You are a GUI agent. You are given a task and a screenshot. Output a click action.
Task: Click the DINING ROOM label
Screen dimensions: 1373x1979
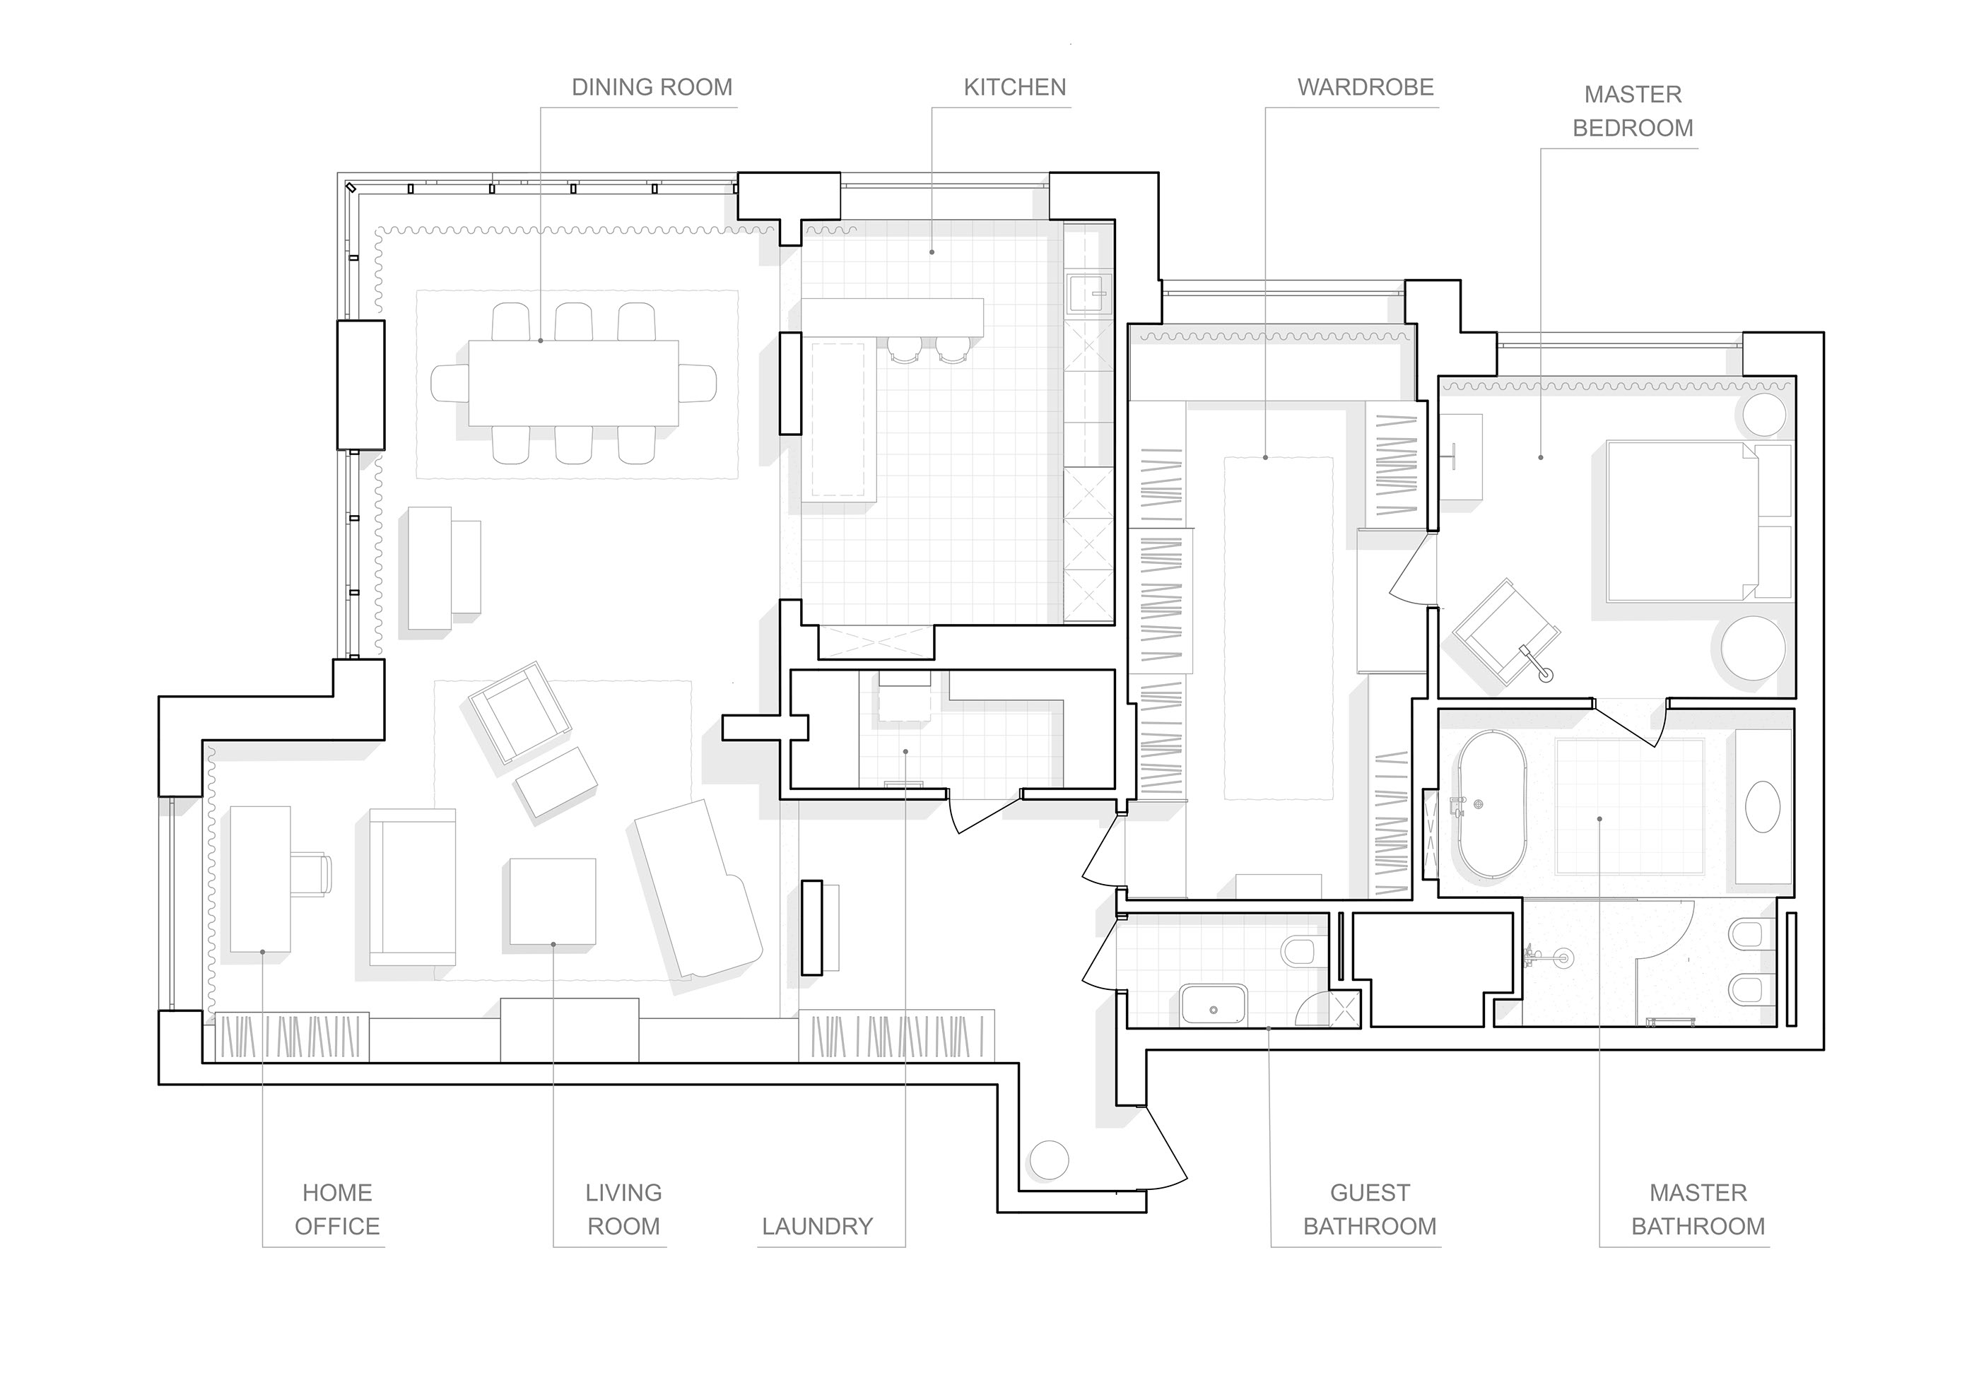pyautogui.click(x=652, y=87)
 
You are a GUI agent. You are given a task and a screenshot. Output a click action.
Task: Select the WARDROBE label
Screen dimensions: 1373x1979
pyautogui.click(x=1365, y=87)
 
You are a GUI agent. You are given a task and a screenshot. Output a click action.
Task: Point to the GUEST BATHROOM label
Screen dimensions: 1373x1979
pyautogui.click(x=1369, y=1208)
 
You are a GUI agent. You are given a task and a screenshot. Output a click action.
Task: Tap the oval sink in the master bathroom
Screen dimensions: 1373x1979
pyautogui.click(x=1763, y=806)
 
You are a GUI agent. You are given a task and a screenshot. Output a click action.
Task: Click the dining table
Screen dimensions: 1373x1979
pyautogui.click(x=573, y=383)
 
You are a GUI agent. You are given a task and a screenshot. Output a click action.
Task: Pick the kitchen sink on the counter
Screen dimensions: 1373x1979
pyautogui.click(x=1089, y=293)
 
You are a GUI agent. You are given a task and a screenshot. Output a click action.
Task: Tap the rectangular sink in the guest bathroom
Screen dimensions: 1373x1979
pyautogui.click(x=1214, y=1006)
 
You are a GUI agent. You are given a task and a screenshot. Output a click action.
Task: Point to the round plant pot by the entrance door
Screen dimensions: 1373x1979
pyautogui.click(x=1048, y=1160)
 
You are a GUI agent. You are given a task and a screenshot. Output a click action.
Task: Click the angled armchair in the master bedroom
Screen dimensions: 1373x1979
pyautogui.click(x=1505, y=630)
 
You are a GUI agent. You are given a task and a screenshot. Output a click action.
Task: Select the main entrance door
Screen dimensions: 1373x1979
pyautogui.click(x=1163, y=1151)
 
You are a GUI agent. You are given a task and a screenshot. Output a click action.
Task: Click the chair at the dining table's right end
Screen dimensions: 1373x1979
pyautogui.click(x=698, y=383)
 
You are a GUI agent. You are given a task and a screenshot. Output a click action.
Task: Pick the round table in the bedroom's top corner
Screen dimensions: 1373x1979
pyautogui.click(x=1764, y=417)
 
